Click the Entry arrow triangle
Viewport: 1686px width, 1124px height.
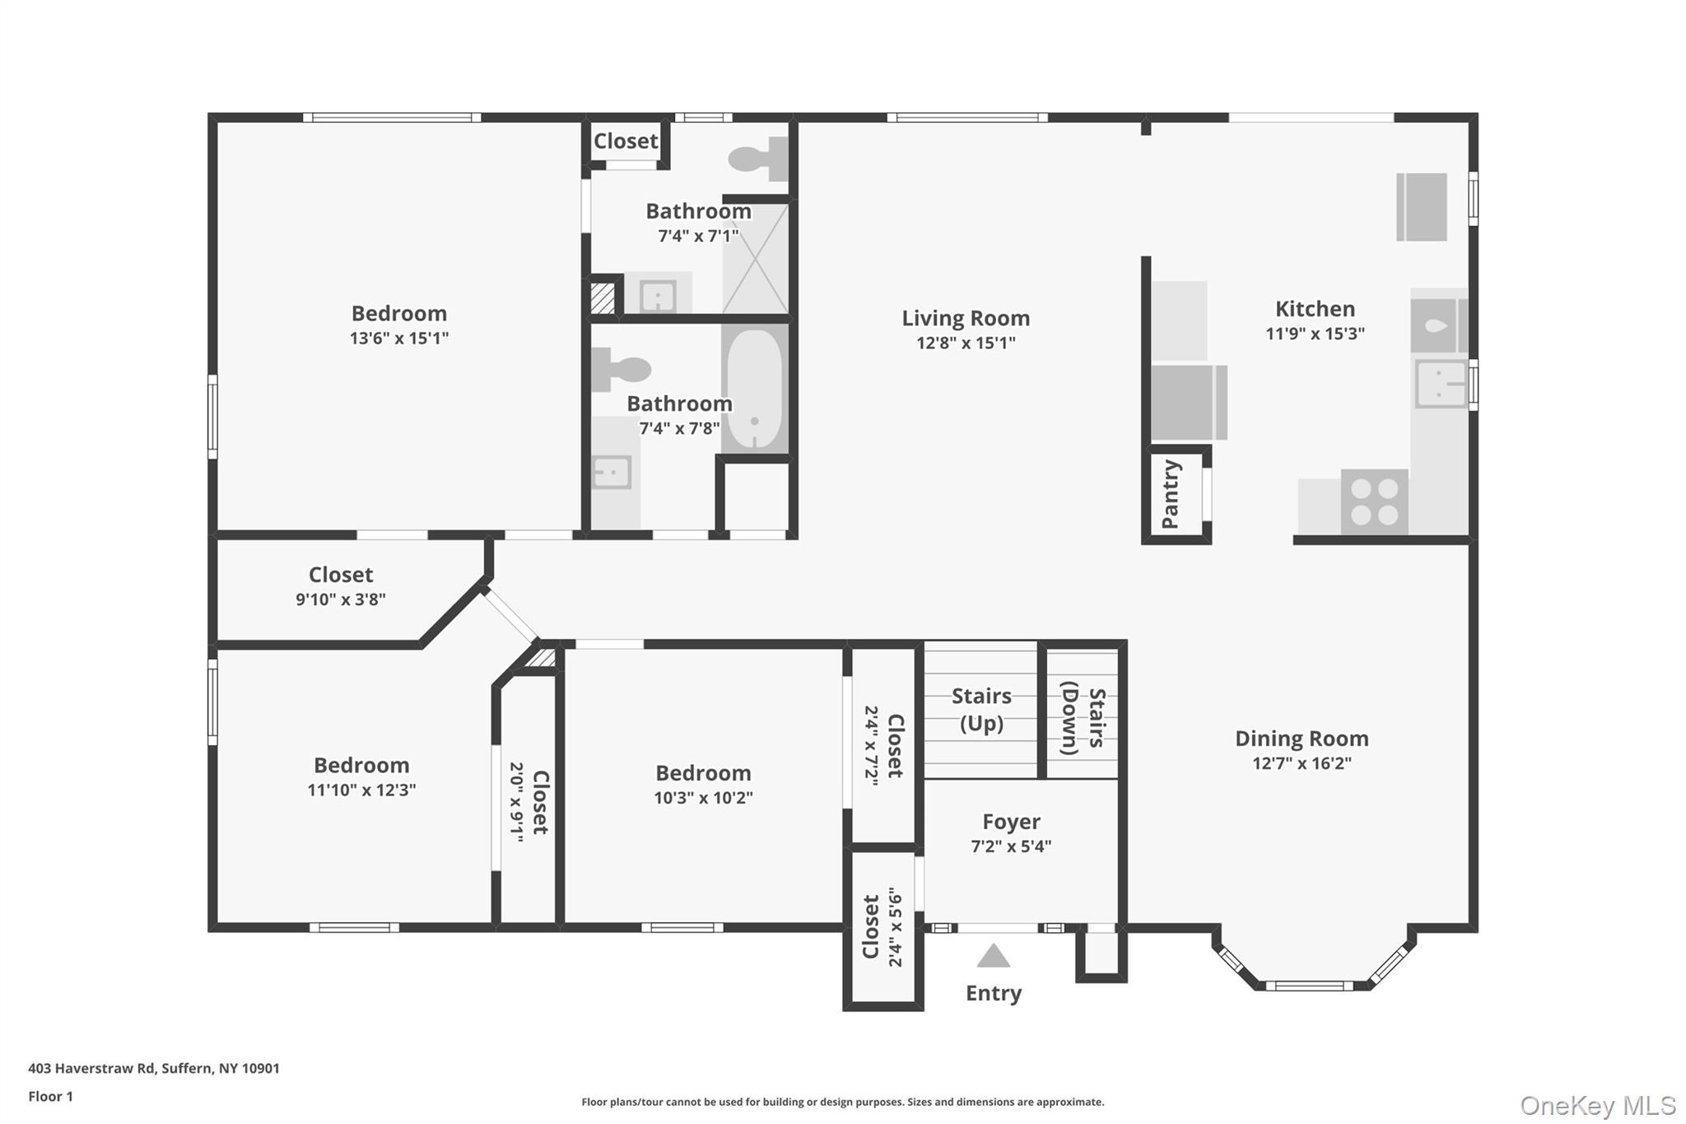pos(994,956)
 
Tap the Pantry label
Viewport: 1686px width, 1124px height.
pos(1171,494)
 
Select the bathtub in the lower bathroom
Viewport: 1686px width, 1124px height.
pos(755,388)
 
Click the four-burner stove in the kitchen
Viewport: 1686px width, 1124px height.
pos(1374,501)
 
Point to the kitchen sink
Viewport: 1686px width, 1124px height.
pos(1441,383)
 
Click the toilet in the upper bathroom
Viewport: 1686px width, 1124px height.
pos(758,158)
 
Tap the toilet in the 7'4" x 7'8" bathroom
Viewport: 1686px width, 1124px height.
pos(621,370)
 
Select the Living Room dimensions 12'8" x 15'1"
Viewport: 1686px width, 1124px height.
pos(966,343)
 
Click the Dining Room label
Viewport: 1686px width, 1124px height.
pos(1302,739)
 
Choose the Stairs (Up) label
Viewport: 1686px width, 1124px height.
pos(981,710)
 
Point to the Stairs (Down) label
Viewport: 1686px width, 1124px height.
pos(1083,718)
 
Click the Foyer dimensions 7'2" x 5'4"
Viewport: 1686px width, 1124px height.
pos(1011,846)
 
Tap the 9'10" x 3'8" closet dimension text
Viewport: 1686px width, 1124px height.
pos(341,599)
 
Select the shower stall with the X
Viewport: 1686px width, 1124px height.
pos(756,257)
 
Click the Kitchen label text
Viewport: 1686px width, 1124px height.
pos(1315,309)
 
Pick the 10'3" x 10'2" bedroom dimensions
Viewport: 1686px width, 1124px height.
pos(703,797)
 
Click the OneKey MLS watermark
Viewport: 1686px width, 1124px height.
pos(1598,1105)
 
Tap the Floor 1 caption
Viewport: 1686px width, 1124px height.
pos(51,1096)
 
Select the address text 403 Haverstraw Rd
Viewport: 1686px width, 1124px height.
pos(91,1068)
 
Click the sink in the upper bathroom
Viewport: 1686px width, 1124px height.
pos(658,296)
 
